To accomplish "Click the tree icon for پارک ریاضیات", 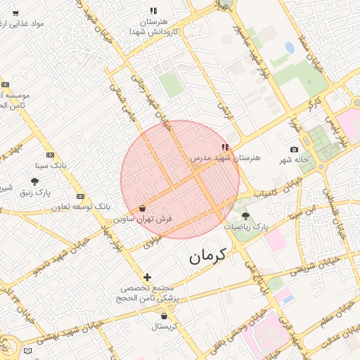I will (x=245, y=216).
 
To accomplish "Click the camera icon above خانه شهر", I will (x=294, y=149).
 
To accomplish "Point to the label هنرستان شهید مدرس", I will (x=225, y=158).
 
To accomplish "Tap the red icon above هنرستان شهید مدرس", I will (x=225, y=148).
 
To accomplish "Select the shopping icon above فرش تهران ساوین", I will (x=143, y=209).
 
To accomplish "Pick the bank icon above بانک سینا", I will (x=50, y=155).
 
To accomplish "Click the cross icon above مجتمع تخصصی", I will (x=147, y=277).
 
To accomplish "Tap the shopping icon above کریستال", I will (x=164, y=316).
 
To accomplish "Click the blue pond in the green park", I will (x=290, y=49).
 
